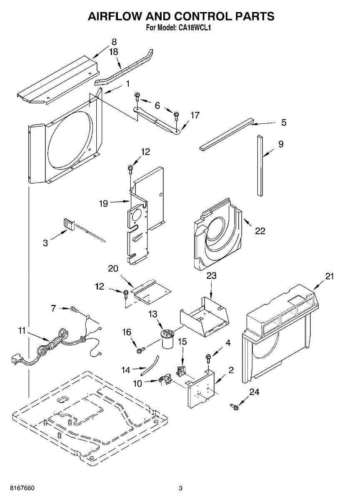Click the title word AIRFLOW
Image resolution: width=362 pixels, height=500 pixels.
[x=115, y=17]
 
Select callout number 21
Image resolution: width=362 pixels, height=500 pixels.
[x=330, y=276]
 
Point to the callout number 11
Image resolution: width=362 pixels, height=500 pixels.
[x=22, y=330]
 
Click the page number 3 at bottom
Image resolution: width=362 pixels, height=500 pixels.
[x=180, y=488]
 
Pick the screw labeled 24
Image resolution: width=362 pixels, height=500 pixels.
[x=234, y=405]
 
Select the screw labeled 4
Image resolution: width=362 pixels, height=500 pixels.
[x=208, y=357]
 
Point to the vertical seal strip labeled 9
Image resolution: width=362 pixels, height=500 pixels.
[x=260, y=165]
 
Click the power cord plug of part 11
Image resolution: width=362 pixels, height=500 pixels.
[x=15, y=359]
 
